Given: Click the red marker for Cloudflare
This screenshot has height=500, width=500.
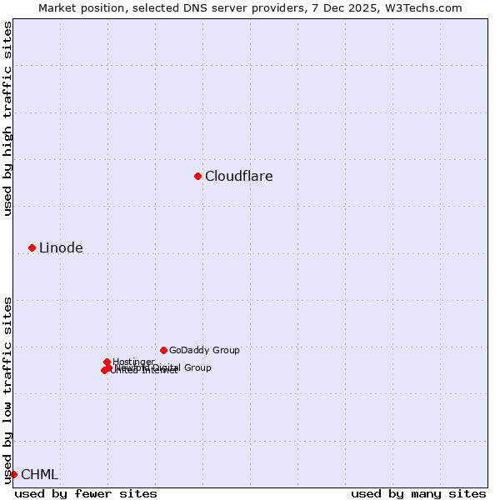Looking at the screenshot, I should click(x=197, y=176).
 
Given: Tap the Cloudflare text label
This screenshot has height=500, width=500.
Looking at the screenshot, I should click(x=238, y=176).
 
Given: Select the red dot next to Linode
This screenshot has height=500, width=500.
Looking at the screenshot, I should click(x=32, y=247).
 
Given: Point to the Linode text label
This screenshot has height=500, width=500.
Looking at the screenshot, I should click(x=61, y=247).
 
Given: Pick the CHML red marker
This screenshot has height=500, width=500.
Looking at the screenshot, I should click(x=13, y=474).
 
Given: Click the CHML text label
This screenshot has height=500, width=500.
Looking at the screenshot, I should click(x=39, y=474).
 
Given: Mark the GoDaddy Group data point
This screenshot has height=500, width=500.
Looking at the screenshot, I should click(x=163, y=350).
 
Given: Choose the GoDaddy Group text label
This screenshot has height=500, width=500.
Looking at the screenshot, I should click(x=204, y=350).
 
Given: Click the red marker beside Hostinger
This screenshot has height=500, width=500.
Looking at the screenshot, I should click(x=107, y=362).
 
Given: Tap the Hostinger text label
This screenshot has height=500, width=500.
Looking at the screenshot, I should click(x=133, y=362).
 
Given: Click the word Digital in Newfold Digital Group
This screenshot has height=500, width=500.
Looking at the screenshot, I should click(x=167, y=367).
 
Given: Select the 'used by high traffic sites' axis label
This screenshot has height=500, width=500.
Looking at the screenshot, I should click(x=7, y=118).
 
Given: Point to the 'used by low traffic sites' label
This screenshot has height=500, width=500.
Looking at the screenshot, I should click(x=7, y=389).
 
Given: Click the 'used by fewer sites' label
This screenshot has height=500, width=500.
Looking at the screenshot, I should click(x=86, y=493).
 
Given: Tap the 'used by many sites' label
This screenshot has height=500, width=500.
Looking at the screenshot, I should click(x=418, y=493).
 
